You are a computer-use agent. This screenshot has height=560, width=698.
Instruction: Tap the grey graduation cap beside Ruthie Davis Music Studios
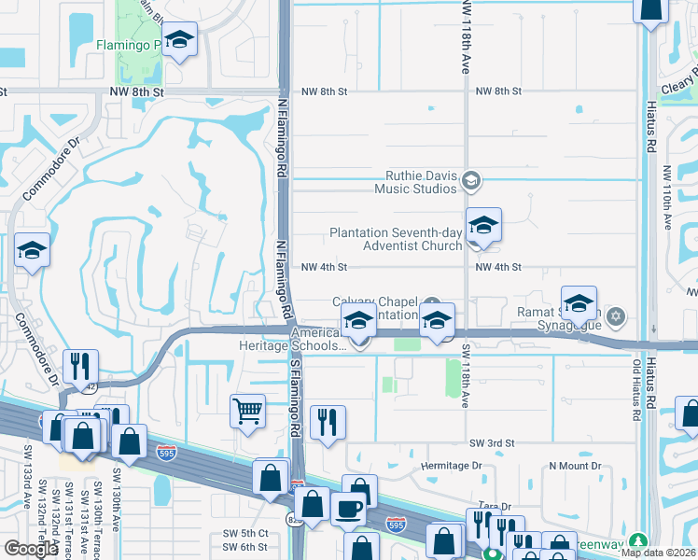(x=472, y=180)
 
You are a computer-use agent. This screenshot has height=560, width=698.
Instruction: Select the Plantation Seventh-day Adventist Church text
(x=396, y=239)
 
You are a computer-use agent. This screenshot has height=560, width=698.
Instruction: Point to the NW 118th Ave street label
(x=464, y=37)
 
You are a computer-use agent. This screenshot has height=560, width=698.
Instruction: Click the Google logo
(x=30, y=548)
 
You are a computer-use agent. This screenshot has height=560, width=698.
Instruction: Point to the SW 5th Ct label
(x=245, y=534)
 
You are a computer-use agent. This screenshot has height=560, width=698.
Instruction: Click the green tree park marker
(x=638, y=540)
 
